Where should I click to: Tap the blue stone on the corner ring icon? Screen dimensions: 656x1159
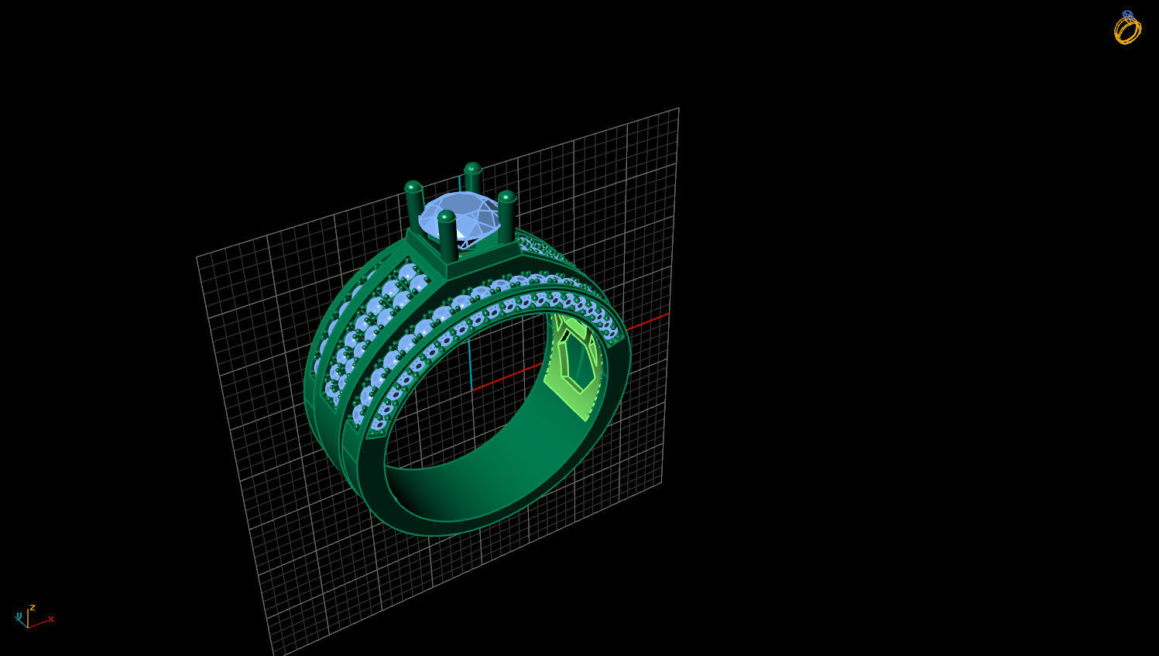coord(1127,15)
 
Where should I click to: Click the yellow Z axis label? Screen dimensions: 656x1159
coord(33,607)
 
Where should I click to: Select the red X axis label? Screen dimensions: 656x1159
coord(51,619)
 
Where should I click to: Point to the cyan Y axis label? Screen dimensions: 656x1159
coord(17,616)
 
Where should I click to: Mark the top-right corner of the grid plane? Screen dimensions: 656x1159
coord(678,108)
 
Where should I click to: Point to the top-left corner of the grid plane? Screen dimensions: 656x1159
coord(197,256)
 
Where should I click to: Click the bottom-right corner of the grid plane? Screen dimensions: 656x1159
coord(661,482)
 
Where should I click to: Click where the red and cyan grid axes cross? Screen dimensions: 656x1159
coord(471,390)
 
